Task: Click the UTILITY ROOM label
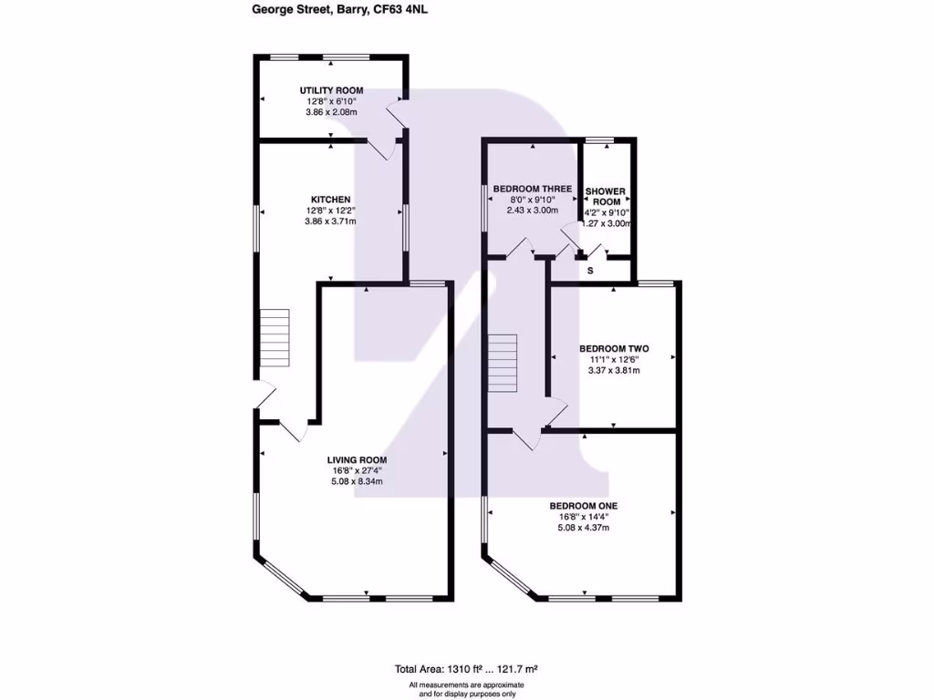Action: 332,90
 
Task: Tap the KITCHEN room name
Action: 330,200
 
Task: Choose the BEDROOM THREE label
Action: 533,189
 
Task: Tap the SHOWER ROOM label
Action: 605,197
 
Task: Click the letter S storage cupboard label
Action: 590,271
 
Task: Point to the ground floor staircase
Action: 275,337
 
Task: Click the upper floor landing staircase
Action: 503,363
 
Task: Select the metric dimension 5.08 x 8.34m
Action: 358,481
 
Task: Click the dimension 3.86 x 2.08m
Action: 331,112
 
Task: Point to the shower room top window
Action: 598,139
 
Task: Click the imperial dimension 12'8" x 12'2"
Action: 330,211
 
